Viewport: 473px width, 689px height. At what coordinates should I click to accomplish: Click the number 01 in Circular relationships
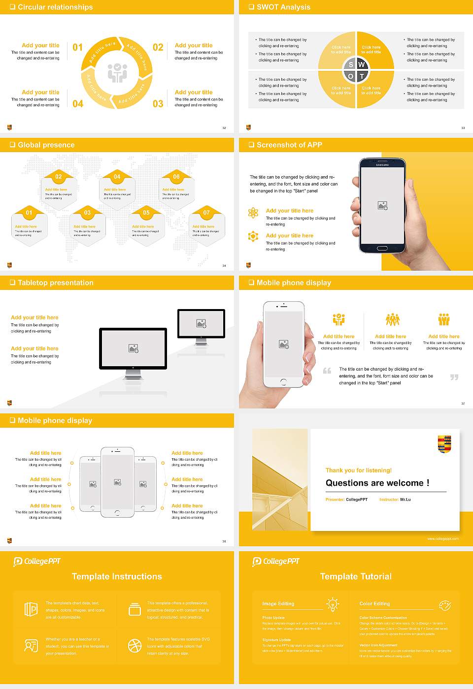tap(78, 47)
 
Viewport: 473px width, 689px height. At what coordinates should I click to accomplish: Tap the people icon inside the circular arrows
tap(117, 73)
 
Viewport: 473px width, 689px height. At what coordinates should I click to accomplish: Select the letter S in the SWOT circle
tap(351, 64)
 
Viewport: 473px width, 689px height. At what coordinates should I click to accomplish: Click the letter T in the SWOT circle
tap(362, 76)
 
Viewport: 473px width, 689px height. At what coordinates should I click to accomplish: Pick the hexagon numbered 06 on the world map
tap(176, 176)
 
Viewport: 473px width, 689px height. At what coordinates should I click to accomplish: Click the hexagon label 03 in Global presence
tap(87, 213)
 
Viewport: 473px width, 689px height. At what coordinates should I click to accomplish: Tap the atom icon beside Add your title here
tap(253, 213)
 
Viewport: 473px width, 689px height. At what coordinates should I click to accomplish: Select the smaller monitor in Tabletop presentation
tap(201, 323)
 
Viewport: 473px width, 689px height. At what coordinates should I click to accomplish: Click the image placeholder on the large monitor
tap(133, 348)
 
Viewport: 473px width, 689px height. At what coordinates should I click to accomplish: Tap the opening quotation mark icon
tap(327, 371)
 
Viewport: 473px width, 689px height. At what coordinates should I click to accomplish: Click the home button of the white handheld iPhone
tap(283, 382)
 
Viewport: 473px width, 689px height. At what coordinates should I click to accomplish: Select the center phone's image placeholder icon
tap(117, 482)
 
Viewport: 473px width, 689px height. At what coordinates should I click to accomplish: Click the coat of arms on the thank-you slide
tap(444, 444)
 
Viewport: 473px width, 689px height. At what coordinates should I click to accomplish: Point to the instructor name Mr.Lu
tap(405, 500)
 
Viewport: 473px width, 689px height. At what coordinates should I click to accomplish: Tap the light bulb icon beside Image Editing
tap(333, 604)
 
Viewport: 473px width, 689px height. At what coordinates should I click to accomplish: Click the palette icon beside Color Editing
tap(444, 604)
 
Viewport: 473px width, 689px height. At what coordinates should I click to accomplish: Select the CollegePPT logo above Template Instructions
tap(37, 562)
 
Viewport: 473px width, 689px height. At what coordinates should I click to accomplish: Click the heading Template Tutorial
tap(356, 576)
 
